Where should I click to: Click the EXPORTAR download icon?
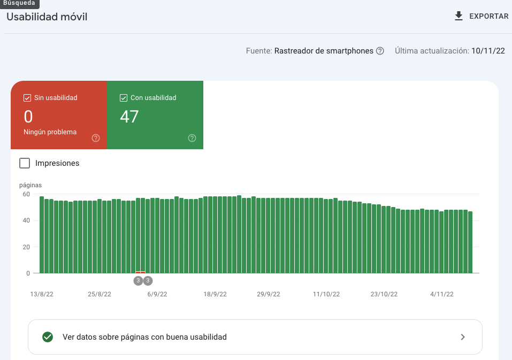(x=458, y=16)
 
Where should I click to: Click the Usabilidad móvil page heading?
(x=47, y=17)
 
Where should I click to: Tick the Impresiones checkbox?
(x=24, y=163)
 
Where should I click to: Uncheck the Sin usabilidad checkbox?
(x=27, y=98)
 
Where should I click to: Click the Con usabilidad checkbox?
(x=123, y=98)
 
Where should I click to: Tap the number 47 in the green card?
(x=129, y=116)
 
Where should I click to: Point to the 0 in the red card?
(x=28, y=116)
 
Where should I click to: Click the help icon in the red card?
(x=96, y=138)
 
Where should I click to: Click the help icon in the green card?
(x=192, y=138)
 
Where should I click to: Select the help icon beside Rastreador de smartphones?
(x=380, y=51)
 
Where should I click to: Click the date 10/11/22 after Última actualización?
(x=488, y=51)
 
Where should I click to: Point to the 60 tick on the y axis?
(x=26, y=194)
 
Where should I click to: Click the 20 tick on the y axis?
(x=26, y=247)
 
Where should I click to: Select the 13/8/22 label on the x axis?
(x=42, y=294)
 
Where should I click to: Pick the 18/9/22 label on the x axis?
(x=215, y=294)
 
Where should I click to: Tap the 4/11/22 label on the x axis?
(x=441, y=294)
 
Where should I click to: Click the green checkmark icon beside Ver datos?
(x=48, y=337)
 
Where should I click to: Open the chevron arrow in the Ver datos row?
(x=463, y=337)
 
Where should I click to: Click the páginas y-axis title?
(x=30, y=185)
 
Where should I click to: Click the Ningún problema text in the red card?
(x=50, y=132)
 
